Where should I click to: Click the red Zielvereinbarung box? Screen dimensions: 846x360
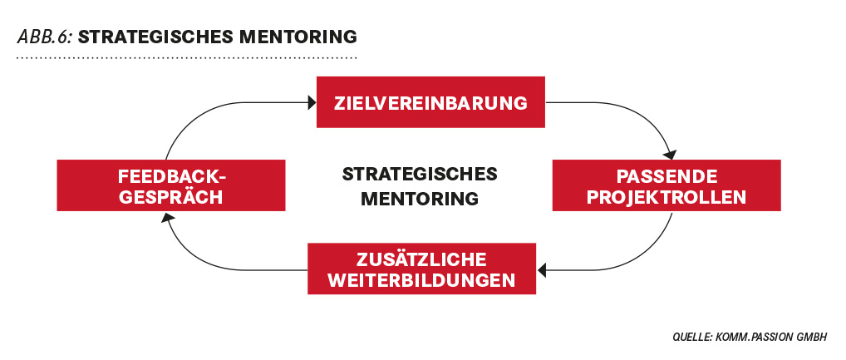[430, 102]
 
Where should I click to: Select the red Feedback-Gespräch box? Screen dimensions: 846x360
[171, 185]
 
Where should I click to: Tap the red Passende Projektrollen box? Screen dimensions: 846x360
[666, 185]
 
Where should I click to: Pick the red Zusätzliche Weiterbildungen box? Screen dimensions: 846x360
[421, 269]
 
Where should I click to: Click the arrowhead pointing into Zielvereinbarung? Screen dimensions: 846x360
[312, 102]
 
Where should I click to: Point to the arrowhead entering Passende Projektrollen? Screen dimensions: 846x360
[670, 155]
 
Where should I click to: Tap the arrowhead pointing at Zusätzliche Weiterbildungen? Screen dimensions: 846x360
[542, 270]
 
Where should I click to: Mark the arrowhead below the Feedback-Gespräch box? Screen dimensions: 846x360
[167, 217]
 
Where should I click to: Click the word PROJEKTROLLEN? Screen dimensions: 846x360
[666, 197]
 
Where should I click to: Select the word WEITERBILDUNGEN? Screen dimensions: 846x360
[421, 281]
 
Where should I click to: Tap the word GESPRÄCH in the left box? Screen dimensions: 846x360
[171, 197]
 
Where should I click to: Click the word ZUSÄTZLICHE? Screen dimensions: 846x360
[421, 259]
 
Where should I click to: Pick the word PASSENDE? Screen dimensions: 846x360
[666, 176]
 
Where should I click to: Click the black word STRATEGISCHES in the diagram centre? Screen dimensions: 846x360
[420, 175]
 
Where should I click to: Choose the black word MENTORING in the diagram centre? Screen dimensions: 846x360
[420, 198]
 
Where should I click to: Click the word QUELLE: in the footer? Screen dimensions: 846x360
[693, 337]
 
